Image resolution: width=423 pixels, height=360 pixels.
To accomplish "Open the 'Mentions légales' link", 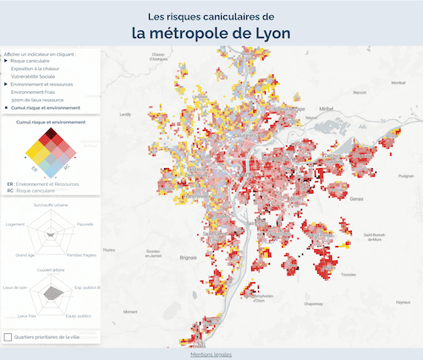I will coord(211,354).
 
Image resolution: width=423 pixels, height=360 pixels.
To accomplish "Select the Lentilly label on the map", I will coord(126,114).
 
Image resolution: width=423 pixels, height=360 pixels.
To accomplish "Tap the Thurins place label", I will coord(108,250).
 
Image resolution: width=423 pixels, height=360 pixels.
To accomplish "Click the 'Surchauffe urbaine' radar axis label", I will coord(51,205).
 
